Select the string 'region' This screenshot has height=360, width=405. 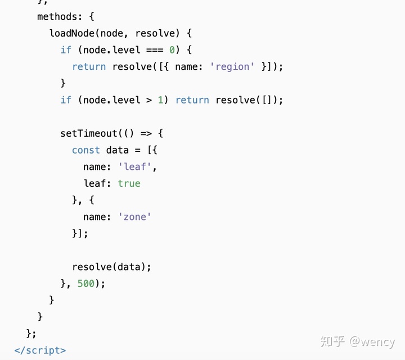click(232, 66)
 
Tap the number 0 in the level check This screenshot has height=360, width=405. click(172, 49)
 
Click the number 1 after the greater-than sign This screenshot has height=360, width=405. click(160, 100)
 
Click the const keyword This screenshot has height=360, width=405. click(86, 150)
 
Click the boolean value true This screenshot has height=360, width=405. click(129, 183)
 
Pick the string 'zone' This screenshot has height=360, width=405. click(134, 217)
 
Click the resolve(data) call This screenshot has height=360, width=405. click(111, 267)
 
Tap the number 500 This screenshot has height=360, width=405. click(86, 283)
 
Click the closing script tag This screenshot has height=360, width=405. click(40, 350)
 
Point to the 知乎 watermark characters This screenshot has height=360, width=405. click(332, 341)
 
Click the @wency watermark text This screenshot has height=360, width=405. click(372, 341)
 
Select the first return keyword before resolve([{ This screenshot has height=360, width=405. click(89, 66)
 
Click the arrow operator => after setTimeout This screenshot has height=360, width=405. click(146, 133)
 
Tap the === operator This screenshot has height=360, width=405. click(155, 49)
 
